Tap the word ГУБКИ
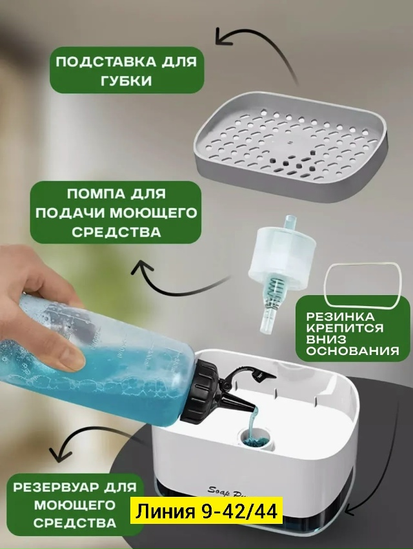[126, 81]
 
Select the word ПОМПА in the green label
[92, 194]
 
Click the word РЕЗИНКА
[336, 317]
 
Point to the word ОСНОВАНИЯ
[353, 351]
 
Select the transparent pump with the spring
[277, 273]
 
